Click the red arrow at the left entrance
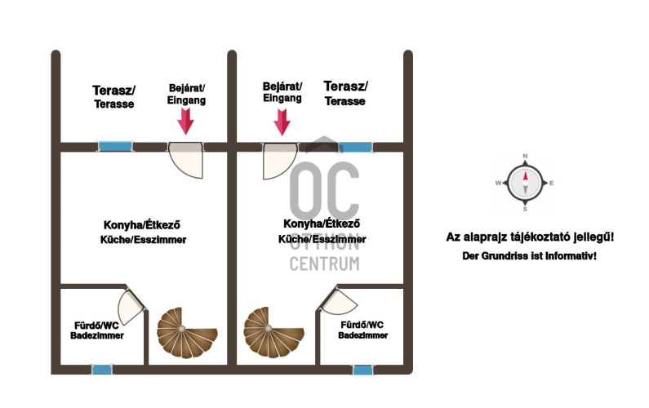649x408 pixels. click(186, 121)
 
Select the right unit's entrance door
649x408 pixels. click(278, 160)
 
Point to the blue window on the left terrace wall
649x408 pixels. click(109, 147)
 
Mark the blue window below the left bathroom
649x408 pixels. click(102, 370)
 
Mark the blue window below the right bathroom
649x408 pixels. click(363, 370)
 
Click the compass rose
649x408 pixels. click(525, 184)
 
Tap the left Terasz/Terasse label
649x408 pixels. click(113, 96)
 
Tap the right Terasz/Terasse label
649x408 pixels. click(345, 93)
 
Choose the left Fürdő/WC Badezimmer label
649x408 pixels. click(97, 330)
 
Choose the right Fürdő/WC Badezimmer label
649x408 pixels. click(363, 329)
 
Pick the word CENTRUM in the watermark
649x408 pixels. click(324, 264)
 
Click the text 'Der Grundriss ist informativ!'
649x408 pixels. click(529, 256)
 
